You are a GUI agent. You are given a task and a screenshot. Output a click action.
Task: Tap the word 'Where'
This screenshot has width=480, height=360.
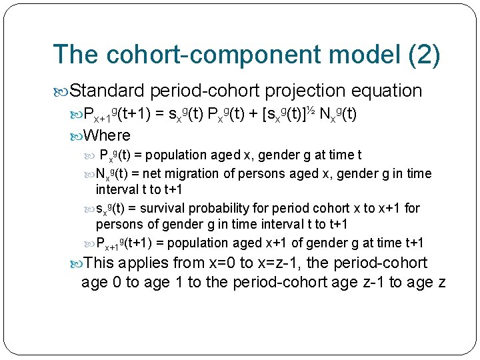[107, 135]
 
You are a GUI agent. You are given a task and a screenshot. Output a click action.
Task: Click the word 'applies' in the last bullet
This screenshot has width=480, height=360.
[145, 263]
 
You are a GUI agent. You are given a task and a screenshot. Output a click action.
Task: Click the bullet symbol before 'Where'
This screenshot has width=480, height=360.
[76, 136]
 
